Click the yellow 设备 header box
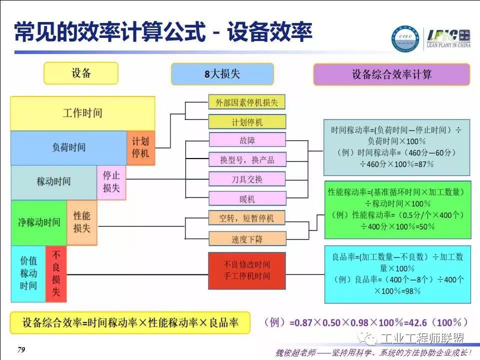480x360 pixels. [x=81, y=73]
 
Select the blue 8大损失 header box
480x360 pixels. [x=222, y=74]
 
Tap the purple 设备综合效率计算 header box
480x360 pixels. [x=391, y=74]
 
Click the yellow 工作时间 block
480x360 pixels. [x=82, y=113]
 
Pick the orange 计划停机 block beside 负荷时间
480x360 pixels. [x=140, y=147]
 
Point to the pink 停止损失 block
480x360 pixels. [x=111, y=182]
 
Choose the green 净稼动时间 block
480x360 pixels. [x=39, y=222]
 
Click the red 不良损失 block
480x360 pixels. [x=56, y=273]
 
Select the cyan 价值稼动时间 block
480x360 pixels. [x=28, y=273]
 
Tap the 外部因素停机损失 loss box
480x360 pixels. [x=247, y=102]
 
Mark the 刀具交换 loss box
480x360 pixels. [x=247, y=178]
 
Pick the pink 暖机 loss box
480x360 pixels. [x=247, y=198]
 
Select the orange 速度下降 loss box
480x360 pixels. [x=247, y=239]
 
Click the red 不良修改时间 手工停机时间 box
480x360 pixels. [x=247, y=270]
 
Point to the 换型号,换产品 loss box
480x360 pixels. [x=247, y=159]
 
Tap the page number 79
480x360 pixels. [x=21, y=350]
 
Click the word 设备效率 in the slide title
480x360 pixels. [x=270, y=33]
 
